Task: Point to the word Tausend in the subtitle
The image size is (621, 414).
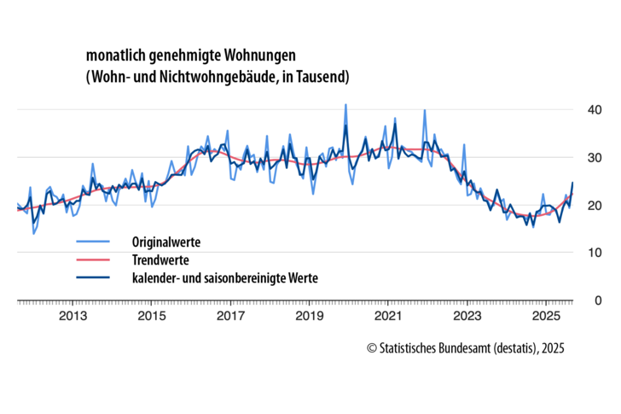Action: click(x=323, y=78)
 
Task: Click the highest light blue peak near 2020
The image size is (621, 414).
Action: click(x=345, y=105)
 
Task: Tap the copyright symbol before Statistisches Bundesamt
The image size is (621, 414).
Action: click(x=372, y=348)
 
